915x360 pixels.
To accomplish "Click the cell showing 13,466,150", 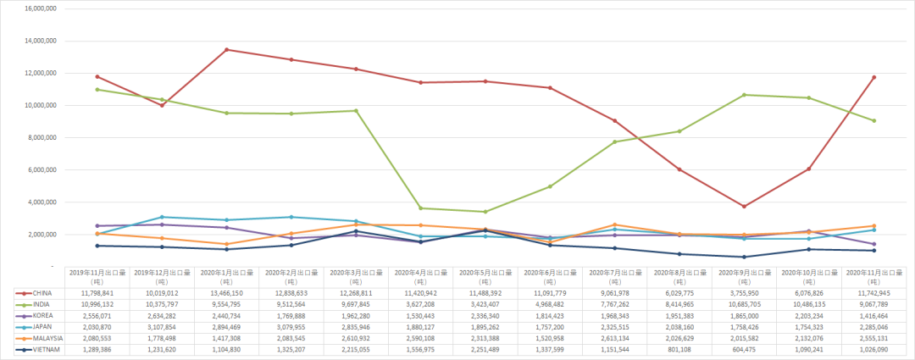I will [226, 292].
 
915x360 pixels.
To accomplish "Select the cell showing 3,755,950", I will [742, 292].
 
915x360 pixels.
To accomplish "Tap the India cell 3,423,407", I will [485, 303].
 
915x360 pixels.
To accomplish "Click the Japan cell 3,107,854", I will [162, 327].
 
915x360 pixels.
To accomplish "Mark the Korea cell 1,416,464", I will [872, 315].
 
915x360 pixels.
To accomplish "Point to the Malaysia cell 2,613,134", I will [613, 338].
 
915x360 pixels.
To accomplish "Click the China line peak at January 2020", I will [226, 49].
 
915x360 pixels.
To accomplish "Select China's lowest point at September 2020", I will [744, 207].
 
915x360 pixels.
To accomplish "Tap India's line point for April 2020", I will [420, 208].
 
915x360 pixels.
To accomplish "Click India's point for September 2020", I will [744, 95].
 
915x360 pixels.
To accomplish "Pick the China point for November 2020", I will [873, 77].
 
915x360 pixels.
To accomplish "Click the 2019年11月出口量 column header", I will [97, 276].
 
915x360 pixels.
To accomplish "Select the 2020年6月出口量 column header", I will [549, 276].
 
